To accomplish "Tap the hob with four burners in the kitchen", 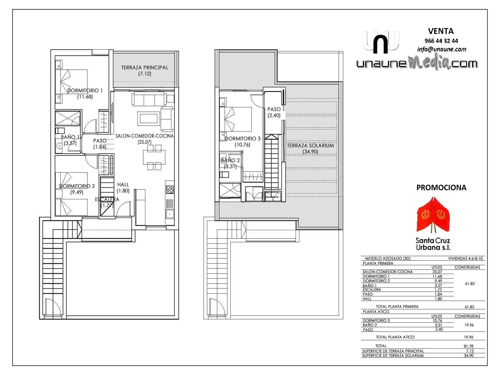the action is pos(170,189).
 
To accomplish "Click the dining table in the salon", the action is pos(154,157).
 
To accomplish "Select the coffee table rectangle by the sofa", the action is pos(149,118).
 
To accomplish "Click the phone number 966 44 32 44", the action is pos(441,41).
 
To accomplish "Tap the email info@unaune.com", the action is pos(442,49).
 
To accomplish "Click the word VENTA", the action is pos(441,31).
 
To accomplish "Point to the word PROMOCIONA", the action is pos(441,188).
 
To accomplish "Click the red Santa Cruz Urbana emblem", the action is pos(433,215).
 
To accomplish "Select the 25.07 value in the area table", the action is pos(437,272).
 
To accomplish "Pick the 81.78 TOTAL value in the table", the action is pos(469,346).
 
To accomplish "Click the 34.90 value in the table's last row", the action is pos(469,356).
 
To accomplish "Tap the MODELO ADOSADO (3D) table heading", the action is pos(387,259).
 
